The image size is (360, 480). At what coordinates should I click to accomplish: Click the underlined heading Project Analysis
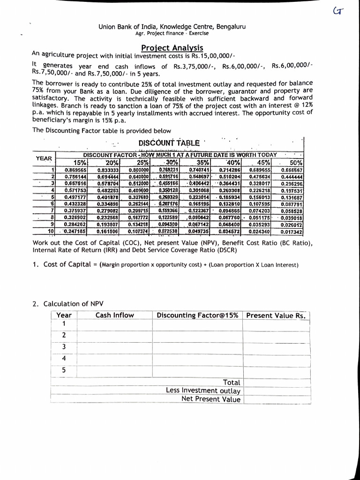point(172,48)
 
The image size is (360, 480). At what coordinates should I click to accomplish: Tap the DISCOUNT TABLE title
point(169,142)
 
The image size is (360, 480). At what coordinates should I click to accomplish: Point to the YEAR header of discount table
point(45,158)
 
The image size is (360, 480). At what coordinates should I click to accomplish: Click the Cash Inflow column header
point(114,315)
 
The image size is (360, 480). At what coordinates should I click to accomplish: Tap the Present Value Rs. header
point(277,315)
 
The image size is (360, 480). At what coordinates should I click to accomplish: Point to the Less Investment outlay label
point(203,390)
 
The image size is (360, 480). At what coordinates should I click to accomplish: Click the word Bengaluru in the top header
point(229,26)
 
